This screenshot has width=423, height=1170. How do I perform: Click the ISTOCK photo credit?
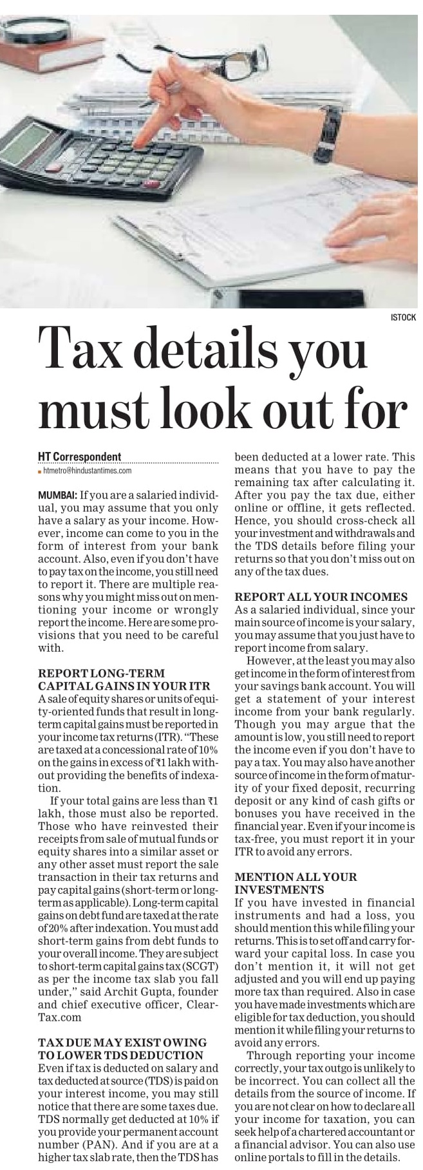[403, 317]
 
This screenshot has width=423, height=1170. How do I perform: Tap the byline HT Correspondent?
[79, 457]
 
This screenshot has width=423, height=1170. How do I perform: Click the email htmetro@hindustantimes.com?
[87, 471]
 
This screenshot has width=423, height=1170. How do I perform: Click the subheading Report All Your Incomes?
[321, 597]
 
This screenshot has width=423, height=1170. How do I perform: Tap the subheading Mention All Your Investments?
[296, 883]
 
